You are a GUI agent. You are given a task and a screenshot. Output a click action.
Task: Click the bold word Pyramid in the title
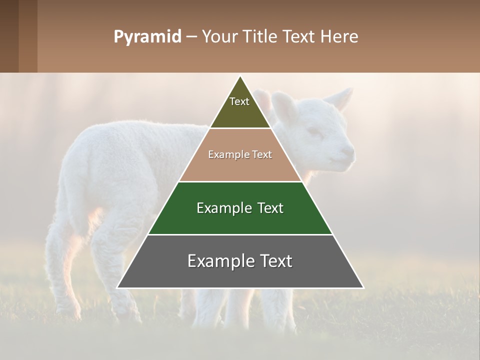tap(147, 36)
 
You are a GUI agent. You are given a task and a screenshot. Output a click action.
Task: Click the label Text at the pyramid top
tap(239, 101)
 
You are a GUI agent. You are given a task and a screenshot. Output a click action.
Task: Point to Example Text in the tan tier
tap(240, 154)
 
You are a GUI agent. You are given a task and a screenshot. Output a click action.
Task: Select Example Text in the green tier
tap(240, 208)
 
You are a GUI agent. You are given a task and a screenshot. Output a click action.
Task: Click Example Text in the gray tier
tap(240, 261)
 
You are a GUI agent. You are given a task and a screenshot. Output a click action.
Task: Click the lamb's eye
tap(314, 131)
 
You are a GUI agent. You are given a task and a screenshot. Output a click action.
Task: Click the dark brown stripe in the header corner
tap(9, 36)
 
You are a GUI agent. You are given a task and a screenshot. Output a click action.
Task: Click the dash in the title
tap(191, 36)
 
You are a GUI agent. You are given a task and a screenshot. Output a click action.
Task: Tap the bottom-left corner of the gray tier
tap(118, 287)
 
